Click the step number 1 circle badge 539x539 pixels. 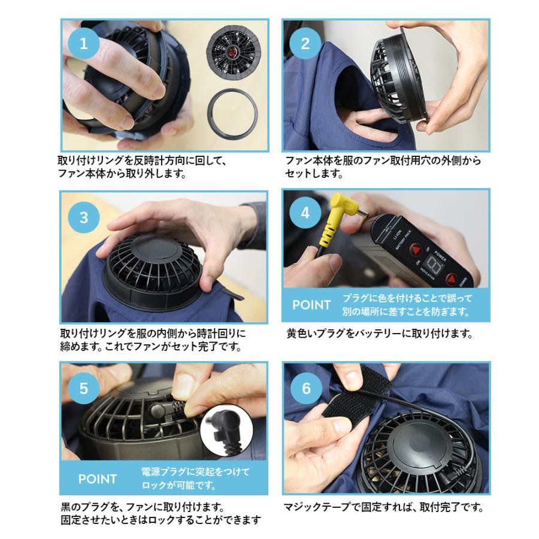pos(83,43)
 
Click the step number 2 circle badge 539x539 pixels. pos(305,43)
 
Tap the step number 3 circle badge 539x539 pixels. pos(83,216)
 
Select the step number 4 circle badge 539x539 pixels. pos(305,213)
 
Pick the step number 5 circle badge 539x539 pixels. pos(83,387)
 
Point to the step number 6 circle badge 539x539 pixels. pos(306,387)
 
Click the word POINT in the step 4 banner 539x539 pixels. pos(311,305)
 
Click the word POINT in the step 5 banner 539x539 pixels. pos(98,479)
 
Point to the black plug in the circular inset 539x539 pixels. pos(225,429)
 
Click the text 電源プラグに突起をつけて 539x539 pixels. pos(195,471)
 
